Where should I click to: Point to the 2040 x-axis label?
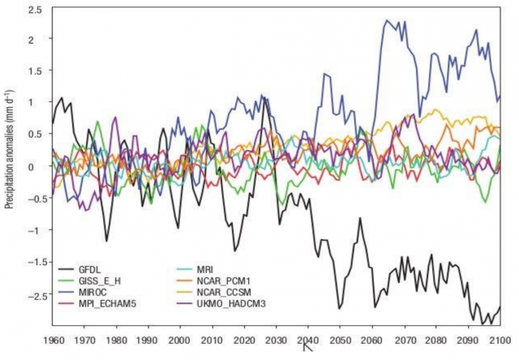[308, 341]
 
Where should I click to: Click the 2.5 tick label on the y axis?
[35, 9]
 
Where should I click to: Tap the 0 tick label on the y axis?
[40, 167]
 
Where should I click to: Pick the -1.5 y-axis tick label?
[32, 262]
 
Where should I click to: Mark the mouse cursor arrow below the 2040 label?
[307, 349]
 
